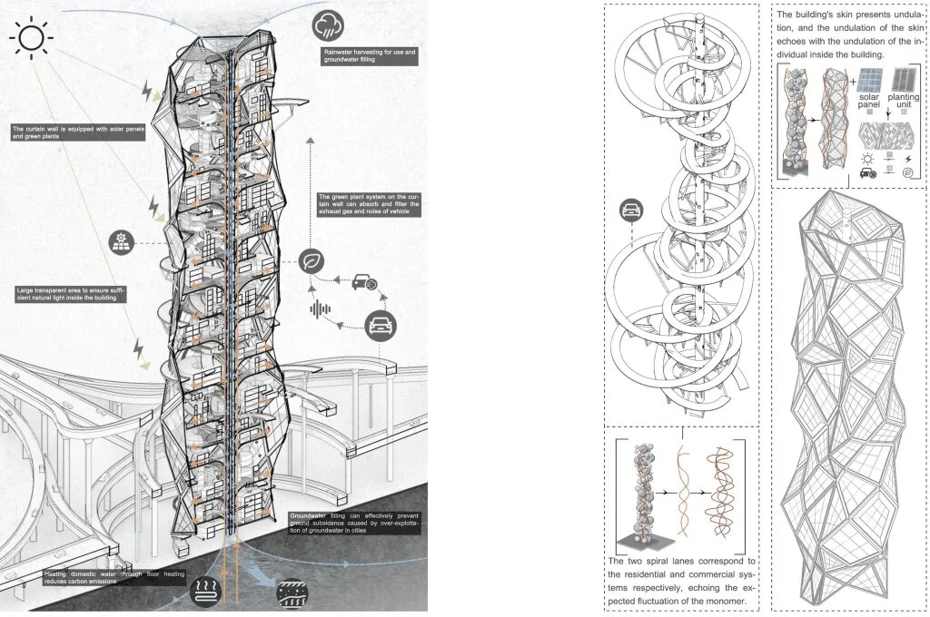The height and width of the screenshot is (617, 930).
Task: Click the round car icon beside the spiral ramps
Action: pyautogui.click(x=629, y=211)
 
